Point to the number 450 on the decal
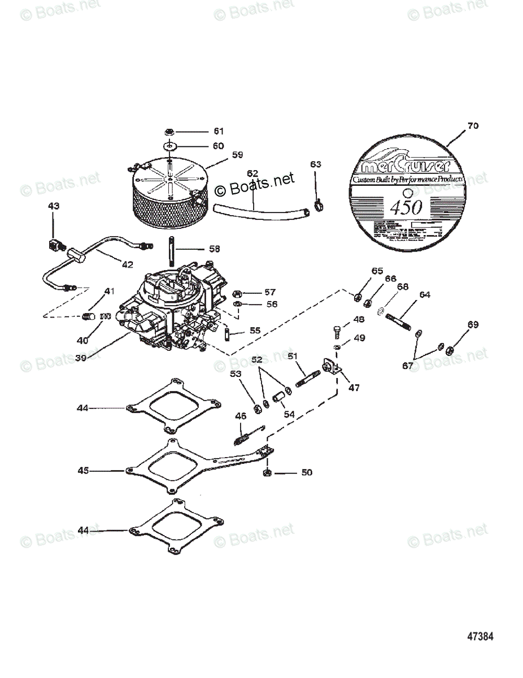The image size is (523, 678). [406, 207]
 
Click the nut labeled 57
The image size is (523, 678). [238, 293]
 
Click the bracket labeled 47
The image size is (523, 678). [333, 368]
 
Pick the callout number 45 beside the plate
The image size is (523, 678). [83, 470]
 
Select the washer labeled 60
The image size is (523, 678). [170, 146]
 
